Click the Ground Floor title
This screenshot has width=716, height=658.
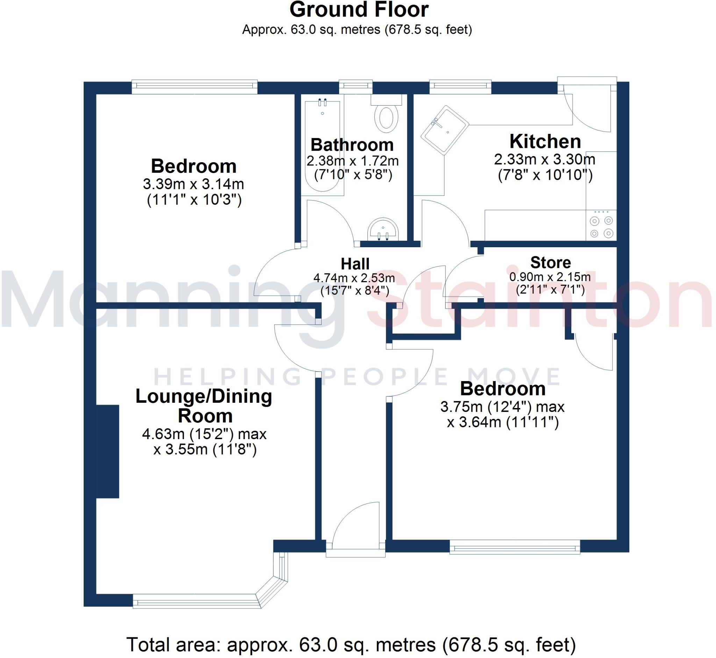(359, 10)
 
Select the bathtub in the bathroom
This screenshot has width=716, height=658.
(323, 146)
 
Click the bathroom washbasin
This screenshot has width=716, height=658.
(383, 230)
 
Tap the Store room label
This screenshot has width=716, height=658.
(550, 263)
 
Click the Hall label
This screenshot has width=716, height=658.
(355, 264)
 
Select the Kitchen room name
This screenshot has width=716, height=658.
(545, 141)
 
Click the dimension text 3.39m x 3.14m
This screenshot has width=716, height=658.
(193, 184)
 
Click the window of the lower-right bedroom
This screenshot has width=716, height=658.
(515, 546)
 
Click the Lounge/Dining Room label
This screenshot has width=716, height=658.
(204, 406)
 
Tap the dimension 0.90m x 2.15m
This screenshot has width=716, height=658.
(550, 277)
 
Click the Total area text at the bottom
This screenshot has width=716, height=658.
(351, 644)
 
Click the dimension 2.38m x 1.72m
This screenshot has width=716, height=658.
(352, 161)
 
